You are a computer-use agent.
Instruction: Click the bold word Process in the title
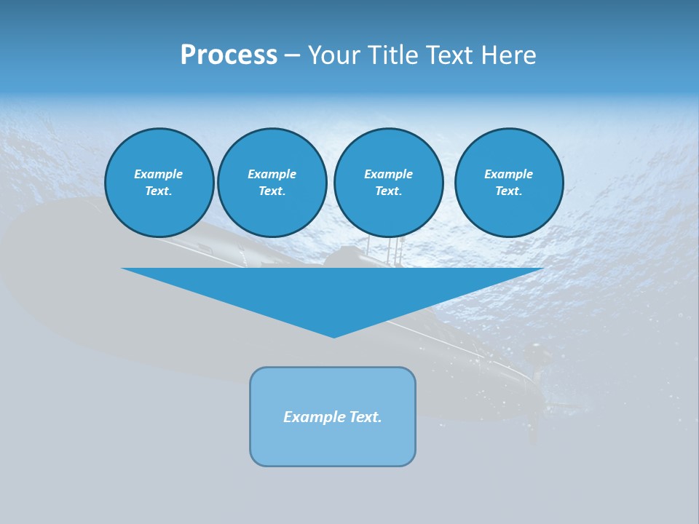click(229, 55)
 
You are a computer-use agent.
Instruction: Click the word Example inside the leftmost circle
click(159, 174)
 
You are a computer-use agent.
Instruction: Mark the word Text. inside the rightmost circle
click(508, 191)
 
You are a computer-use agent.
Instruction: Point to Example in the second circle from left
click(272, 174)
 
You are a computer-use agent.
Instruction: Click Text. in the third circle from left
click(388, 191)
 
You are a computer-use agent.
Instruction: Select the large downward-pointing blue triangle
click(333, 291)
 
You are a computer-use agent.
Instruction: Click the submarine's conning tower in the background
click(349, 258)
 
